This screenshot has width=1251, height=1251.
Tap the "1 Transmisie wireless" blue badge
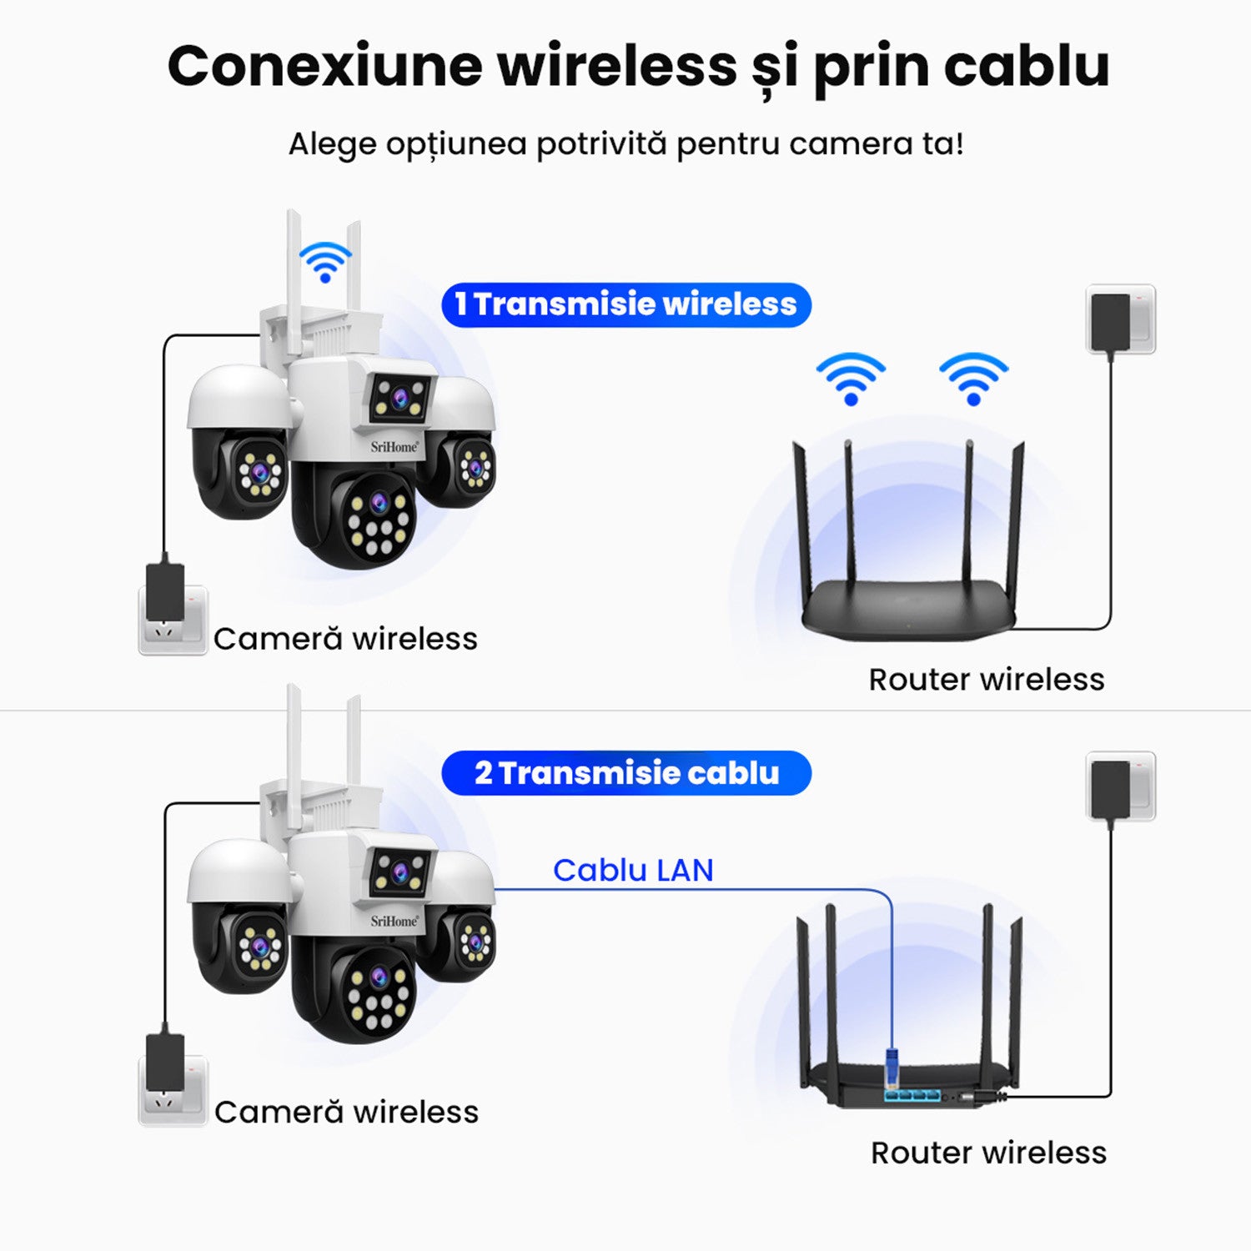point(625,304)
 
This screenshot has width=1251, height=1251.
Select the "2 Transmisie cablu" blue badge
point(625,773)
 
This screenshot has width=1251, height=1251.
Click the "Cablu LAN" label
point(633,870)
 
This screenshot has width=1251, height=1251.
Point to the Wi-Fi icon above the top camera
point(325,261)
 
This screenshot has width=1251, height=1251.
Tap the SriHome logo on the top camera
point(394,447)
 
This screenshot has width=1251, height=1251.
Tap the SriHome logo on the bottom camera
point(394,921)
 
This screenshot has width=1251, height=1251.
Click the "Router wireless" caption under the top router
point(986,680)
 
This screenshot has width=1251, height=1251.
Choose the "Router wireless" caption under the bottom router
point(988,1153)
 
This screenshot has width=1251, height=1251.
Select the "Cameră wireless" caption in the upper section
point(345,639)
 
